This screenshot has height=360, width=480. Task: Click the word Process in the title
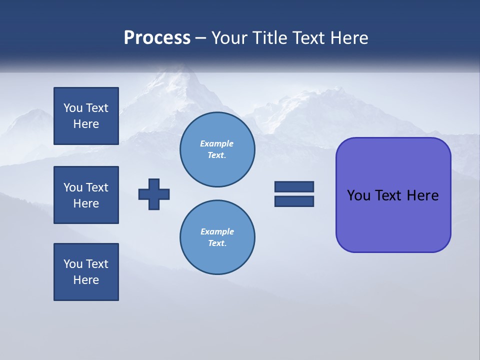(157, 38)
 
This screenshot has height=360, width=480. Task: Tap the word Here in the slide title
(350, 38)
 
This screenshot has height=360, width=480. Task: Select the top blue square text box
(86, 116)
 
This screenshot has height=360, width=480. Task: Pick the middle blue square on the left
(86, 195)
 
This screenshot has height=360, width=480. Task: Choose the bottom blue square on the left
(86, 272)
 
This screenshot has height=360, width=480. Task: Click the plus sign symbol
(154, 194)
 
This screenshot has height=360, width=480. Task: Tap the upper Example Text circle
(217, 149)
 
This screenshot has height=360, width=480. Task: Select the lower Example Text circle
(217, 237)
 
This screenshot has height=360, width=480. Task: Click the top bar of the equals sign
(294, 186)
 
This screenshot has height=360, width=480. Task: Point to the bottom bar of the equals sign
(294, 201)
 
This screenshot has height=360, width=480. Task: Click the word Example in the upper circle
(216, 143)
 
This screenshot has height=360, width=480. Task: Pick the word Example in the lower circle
(217, 231)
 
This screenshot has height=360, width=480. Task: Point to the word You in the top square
(73, 108)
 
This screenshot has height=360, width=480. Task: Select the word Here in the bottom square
(86, 280)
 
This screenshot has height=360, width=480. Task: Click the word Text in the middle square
(97, 187)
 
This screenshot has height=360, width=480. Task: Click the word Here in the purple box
(422, 195)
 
